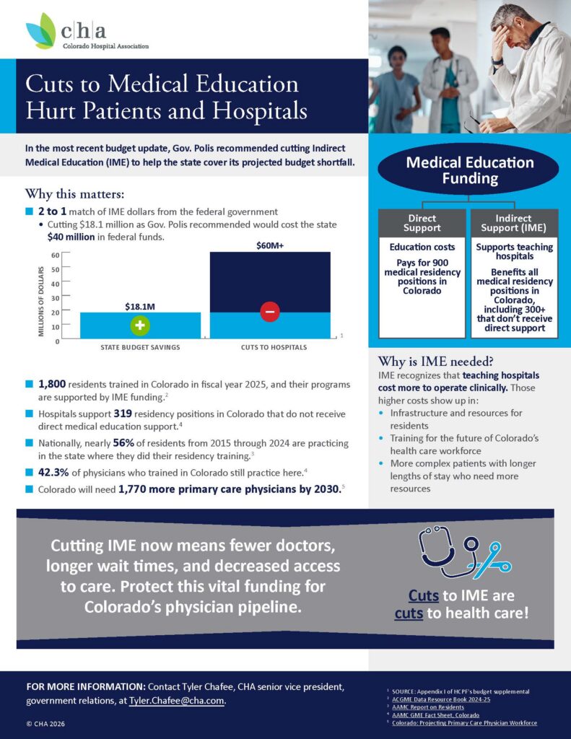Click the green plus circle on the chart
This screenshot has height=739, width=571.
140,325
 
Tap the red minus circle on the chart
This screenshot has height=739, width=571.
269,312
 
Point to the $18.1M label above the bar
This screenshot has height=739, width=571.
140,307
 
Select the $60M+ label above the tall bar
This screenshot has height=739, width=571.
270,245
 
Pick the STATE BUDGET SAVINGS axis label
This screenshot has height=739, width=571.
140,347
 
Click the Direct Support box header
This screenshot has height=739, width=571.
422,223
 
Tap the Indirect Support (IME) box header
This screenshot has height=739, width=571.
514,223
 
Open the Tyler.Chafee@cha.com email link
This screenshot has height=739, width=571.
177,701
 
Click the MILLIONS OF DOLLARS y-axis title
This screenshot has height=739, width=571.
41,296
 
